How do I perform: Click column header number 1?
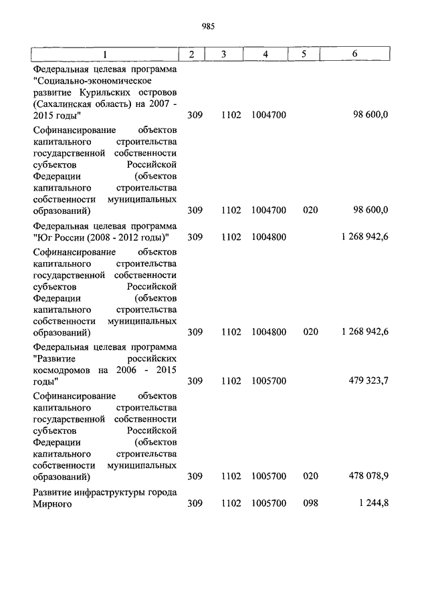(x=104, y=54)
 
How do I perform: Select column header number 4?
(x=266, y=54)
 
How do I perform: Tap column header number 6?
(x=354, y=54)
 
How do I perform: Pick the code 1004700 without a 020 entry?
(x=269, y=116)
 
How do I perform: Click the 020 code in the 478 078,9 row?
(x=310, y=477)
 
